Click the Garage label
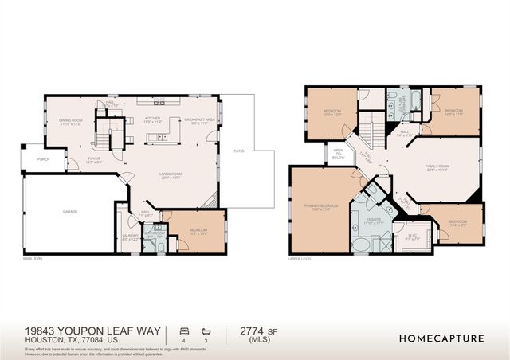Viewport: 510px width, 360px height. click(x=71, y=212)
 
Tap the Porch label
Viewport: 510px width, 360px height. click(x=42, y=159)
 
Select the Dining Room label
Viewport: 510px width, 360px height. click(x=71, y=120)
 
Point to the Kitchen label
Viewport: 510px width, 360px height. click(x=153, y=119)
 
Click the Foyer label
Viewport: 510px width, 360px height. click(x=94, y=159)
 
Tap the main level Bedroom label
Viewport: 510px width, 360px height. click(x=198, y=231)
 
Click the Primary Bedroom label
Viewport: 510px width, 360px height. click(x=321, y=207)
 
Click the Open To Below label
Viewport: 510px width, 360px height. click(x=339, y=154)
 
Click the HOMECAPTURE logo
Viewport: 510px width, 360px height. click(x=441, y=338)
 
